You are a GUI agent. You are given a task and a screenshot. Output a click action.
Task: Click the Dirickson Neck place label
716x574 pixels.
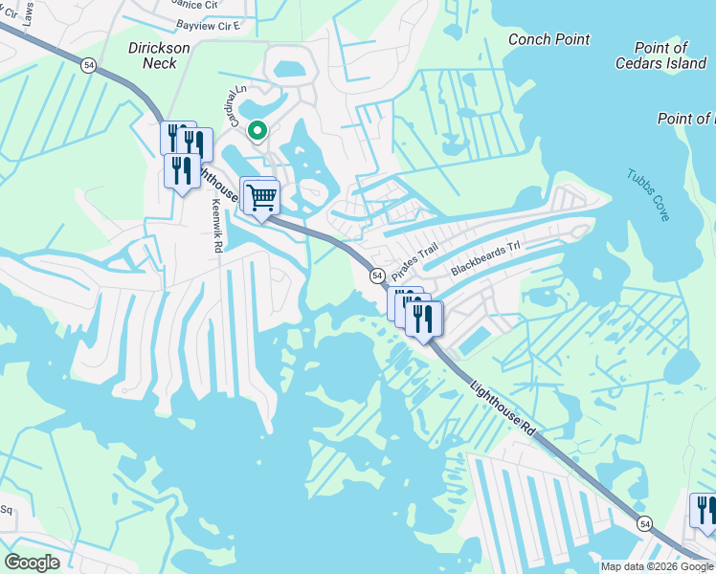click(153, 55)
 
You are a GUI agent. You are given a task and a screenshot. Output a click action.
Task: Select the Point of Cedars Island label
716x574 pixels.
click(660, 55)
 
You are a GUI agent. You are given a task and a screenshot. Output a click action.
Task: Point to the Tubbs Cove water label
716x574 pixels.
click(648, 195)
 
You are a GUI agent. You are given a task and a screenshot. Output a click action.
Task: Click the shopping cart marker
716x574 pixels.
click(261, 198)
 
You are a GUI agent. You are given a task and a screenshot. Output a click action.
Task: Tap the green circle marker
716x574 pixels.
click(257, 130)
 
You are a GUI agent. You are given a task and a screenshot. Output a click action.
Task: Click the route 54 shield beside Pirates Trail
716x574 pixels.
click(376, 276)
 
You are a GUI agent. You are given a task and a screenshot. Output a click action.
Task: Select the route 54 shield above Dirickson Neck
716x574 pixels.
click(88, 64)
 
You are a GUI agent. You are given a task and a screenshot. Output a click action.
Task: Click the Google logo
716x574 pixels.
click(32, 563)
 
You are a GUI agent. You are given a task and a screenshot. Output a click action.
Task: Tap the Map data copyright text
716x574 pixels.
click(657, 566)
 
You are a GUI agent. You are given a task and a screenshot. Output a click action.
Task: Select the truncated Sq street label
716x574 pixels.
click(5, 509)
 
